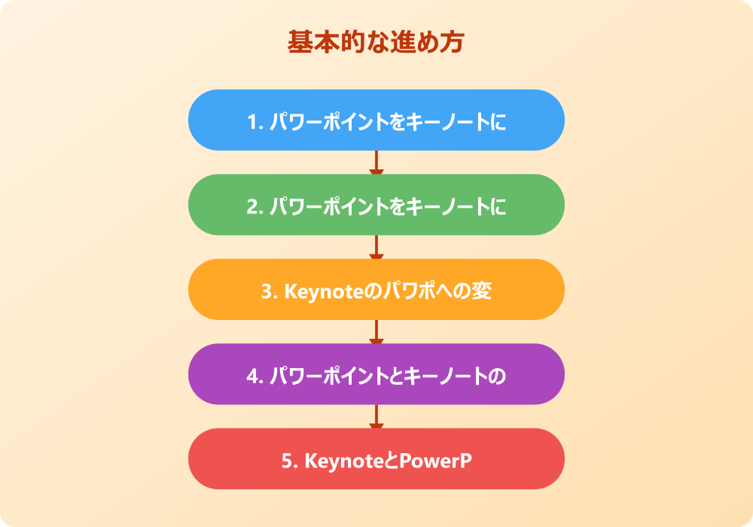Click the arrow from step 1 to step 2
coord(376,163)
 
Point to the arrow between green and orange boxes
coord(376,248)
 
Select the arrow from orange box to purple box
coord(376,332)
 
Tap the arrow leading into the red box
coord(376,417)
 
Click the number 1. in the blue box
coord(255,122)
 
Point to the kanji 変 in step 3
coord(482,291)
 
